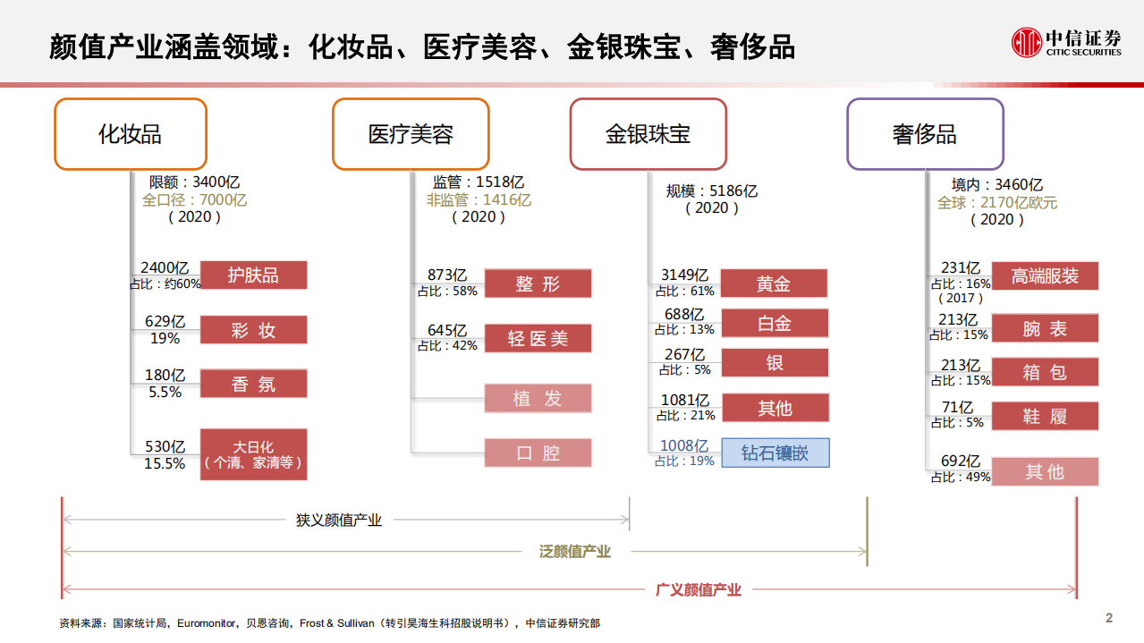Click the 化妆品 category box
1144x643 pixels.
tap(131, 134)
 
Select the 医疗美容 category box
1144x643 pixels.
tap(411, 134)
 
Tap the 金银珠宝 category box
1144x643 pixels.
tap(648, 134)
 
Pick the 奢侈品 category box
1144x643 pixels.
tap(925, 134)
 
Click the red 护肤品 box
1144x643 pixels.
tap(253, 275)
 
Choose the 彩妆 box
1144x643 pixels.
tap(253, 330)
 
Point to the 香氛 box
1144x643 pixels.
tap(253, 384)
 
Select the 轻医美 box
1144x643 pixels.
tap(538, 339)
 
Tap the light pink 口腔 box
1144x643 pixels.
tap(538, 453)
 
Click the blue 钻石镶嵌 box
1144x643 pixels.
tap(775, 453)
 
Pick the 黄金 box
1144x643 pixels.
tap(774, 283)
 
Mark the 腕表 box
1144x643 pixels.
tap(1045, 328)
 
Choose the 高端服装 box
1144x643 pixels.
tap(1045, 275)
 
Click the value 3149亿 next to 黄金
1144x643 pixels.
tap(684, 275)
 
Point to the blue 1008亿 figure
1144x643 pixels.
tap(684, 445)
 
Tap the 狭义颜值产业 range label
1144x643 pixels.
tap(339, 520)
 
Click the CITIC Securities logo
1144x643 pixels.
tap(1066, 42)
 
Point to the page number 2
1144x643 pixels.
tap(1109, 618)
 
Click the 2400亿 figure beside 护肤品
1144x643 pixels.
tap(165, 267)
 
